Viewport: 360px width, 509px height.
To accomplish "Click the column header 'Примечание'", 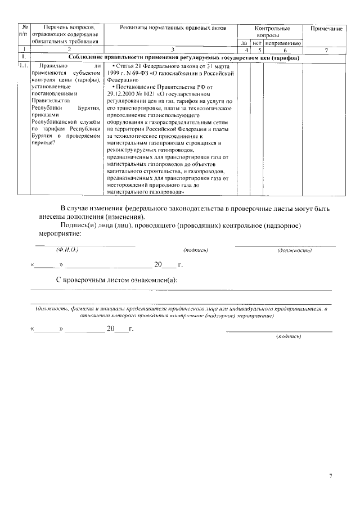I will coord(323,28).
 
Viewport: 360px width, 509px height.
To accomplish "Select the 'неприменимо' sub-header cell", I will coord(283,42).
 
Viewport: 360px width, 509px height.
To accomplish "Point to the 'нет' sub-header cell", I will coord(256,42).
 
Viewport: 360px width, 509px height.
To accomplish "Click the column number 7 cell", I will coord(323,50).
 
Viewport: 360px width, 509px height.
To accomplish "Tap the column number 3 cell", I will coord(173,50).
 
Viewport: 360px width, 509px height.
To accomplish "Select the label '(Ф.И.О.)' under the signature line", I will coord(66,249).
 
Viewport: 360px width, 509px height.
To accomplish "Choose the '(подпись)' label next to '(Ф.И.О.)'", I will coord(196,250).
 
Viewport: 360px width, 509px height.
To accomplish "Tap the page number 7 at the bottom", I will coord(331,476).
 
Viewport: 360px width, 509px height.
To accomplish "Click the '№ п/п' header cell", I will coord(24,31).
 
